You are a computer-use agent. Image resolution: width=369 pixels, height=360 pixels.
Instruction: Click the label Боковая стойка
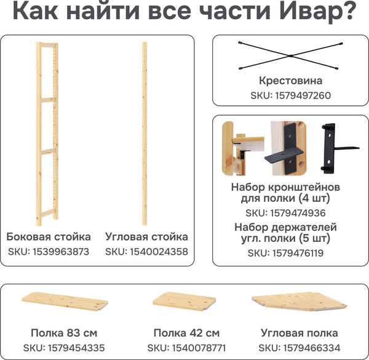(x=49, y=236)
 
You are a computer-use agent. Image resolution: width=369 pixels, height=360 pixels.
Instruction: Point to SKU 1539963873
(x=49, y=251)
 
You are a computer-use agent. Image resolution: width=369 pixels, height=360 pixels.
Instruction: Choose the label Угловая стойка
(x=146, y=236)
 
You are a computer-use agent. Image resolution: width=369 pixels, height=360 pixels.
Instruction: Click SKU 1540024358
(x=146, y=251)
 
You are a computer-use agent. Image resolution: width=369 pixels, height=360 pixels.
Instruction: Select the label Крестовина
(x=291, y=81)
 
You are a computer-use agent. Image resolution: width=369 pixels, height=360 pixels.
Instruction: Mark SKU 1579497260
(x=291, y=95)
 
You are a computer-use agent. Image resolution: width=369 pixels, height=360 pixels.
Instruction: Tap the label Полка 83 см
(x=63, y=333)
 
